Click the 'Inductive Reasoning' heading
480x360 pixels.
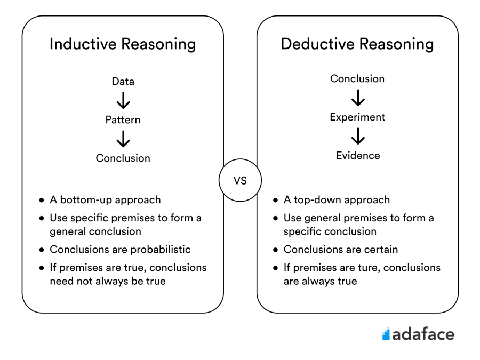tap(123, 44)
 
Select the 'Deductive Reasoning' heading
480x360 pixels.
tap(357, 44)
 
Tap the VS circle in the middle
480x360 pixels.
tap(240, 180)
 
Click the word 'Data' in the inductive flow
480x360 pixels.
tap(123, 82)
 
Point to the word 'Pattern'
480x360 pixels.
tap(123, 120)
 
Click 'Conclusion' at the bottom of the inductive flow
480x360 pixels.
tap(123, 158)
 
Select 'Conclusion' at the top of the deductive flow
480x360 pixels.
tap(357, 79)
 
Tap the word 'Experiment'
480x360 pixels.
tap(357, 117)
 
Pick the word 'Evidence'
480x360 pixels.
tap(358, 156)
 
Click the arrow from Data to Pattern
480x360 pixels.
tap(123, 101)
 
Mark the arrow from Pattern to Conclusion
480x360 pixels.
tap(123, 139)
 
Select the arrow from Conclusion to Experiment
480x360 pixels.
tap(358, 98)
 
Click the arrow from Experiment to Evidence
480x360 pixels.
tap(358, 137)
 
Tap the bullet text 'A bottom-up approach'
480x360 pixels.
tap(105, 200)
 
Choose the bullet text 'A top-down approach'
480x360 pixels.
tap(337, 200)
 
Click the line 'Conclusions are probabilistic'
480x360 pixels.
tap(120, 250)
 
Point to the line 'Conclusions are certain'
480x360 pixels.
tap(341, 250)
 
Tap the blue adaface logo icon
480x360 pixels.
tap(386, 334)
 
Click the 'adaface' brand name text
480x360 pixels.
tap(423, 334)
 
